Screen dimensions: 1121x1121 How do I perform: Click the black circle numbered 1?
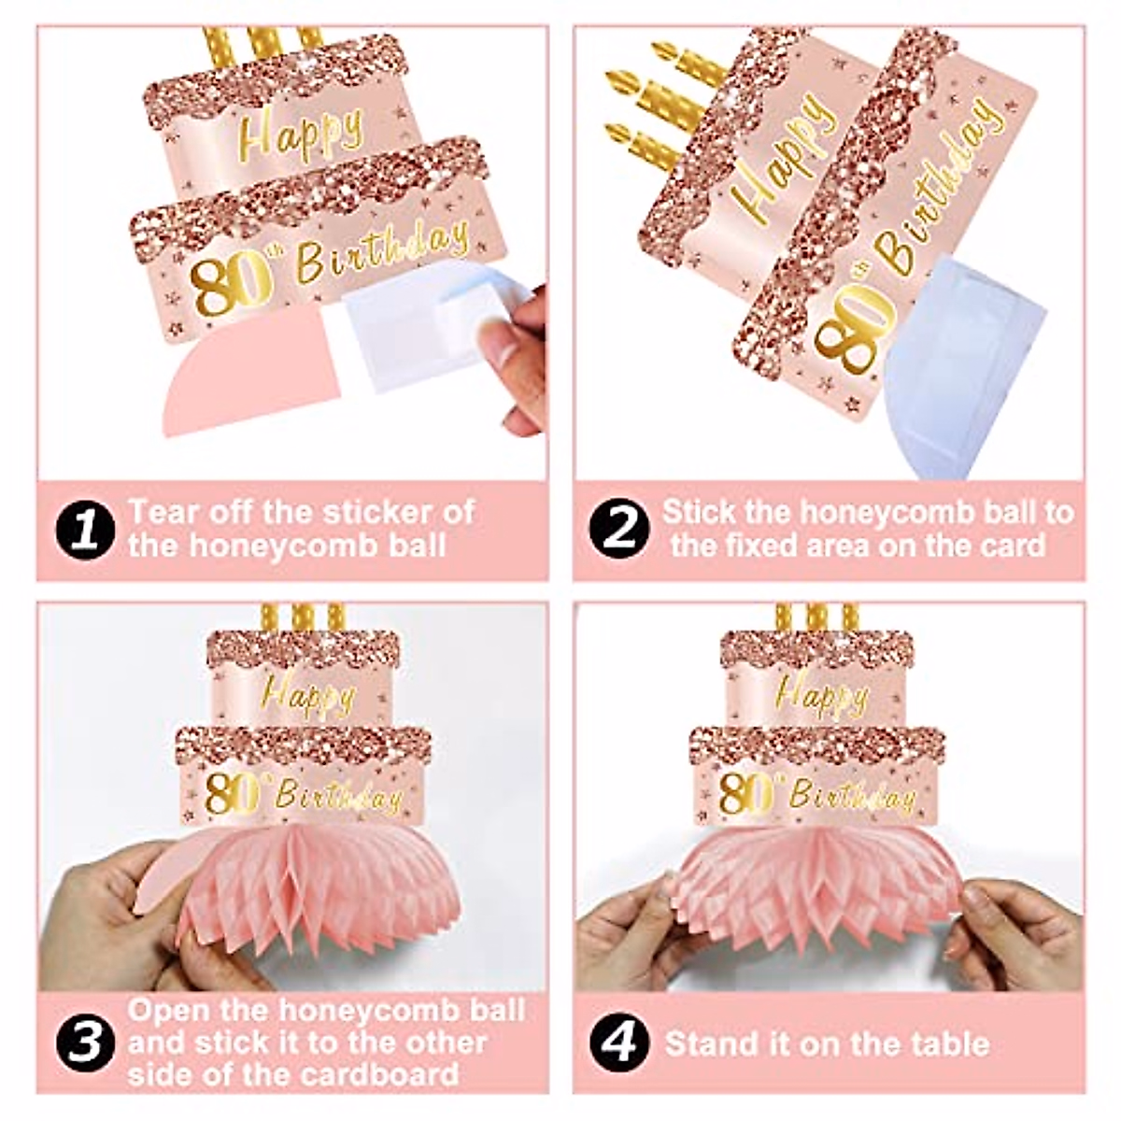85,529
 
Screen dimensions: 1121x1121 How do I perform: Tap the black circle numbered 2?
618,529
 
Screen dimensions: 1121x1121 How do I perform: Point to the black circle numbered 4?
618,1043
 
